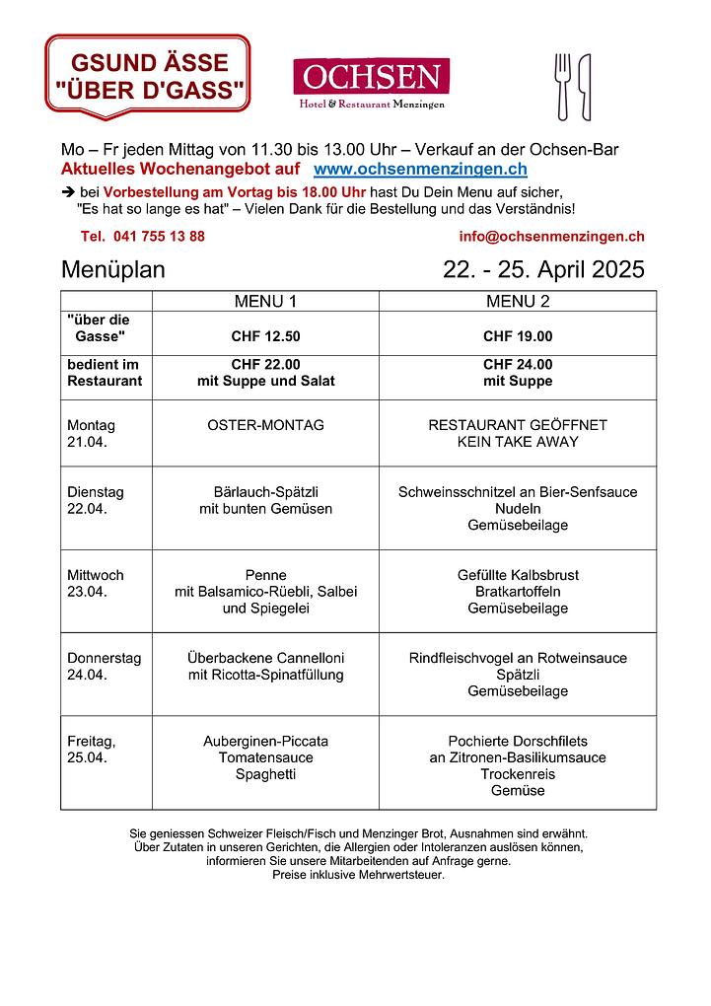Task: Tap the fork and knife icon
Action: (573, 86)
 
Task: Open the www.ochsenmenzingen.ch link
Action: (420, 170)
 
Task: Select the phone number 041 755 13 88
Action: (143, 236)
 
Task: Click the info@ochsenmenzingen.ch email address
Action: (551, 236)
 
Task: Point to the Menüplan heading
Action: (113, 270)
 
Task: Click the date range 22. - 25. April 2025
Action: (543, 270)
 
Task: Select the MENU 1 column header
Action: (265, 301)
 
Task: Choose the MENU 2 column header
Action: (518, 301)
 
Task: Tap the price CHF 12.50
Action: (265, 336)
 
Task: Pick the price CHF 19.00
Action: (518, 336)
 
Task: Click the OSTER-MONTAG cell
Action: (265, 425)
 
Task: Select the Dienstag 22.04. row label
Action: (96, 500)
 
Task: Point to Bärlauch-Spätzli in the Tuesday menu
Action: (265, 492)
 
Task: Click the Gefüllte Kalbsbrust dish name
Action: (518, 575)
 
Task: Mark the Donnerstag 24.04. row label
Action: (104, 666)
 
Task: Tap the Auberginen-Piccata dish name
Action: (265, 741)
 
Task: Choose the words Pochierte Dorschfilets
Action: (518, 741)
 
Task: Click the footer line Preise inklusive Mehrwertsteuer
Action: (358, 875)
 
